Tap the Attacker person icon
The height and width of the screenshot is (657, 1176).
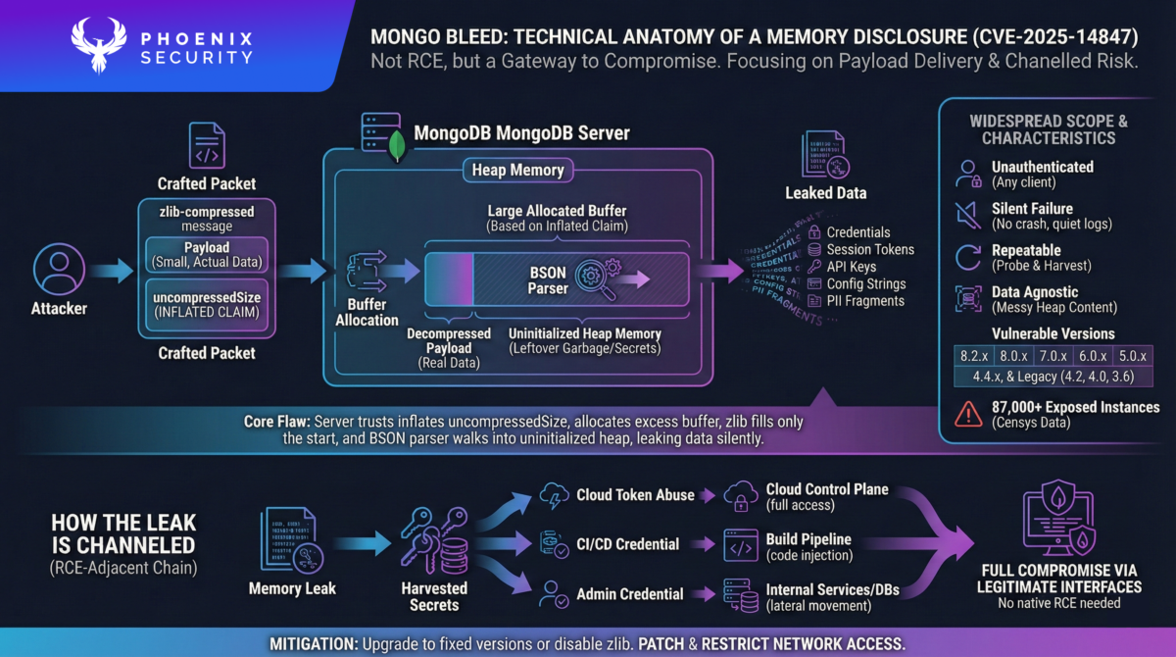coord(59,270)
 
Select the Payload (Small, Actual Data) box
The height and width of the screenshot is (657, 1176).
coord(206,254)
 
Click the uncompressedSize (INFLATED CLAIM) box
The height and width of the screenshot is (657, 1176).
coord(206,304)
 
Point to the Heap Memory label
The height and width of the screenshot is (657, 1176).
coord(518,170)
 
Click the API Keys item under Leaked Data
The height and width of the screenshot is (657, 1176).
coord(851,267)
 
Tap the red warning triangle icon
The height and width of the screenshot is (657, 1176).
coord(967,414)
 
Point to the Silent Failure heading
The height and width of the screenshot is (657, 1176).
coord(1031,208)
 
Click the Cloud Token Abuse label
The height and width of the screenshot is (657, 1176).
coord(636,495)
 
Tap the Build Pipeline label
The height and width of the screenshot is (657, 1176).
coord(808,539)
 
